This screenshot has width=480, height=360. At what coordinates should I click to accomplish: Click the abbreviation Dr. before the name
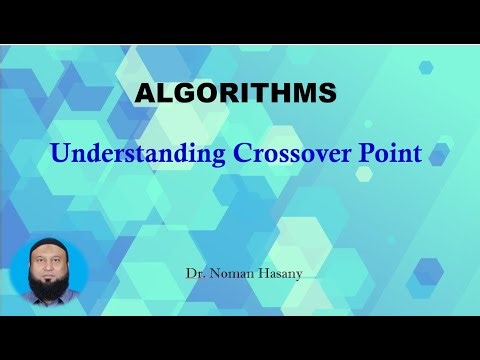[194, 271]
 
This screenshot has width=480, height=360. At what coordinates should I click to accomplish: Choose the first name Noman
[227, 271]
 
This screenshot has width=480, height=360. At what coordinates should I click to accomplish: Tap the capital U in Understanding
[59, 154]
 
